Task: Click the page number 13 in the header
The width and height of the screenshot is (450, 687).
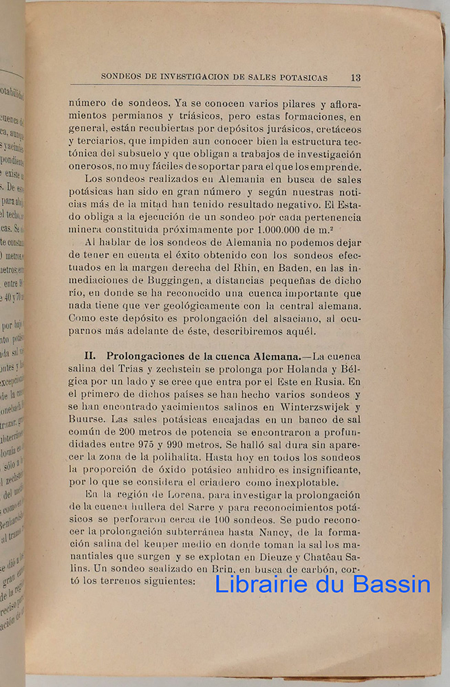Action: [355, 77]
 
